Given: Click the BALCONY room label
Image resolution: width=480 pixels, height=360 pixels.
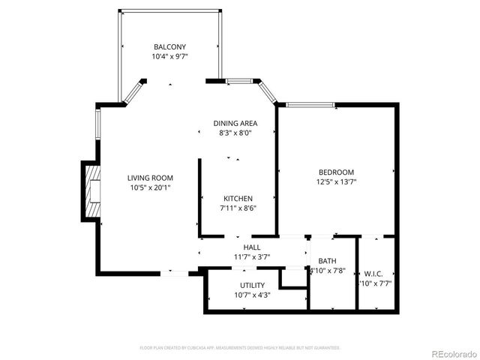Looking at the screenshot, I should click(x=169, y=46).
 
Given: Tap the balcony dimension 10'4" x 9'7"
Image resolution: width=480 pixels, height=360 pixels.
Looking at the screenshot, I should click(x=169, y=56).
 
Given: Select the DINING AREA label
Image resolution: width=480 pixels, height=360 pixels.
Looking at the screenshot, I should click(x=235, y=123).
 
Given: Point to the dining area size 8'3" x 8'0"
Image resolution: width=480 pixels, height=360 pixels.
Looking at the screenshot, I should click(x=235, y=133).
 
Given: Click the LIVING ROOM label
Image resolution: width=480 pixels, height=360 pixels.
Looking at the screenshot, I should click(x=150, y=178).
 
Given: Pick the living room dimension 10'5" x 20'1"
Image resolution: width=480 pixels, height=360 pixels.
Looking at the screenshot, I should click(x=150, y=187).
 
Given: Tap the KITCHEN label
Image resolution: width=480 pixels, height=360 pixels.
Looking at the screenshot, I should click(x=238, y=198).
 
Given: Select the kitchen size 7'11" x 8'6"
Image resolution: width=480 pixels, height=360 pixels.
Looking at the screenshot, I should click(x=238, y=208).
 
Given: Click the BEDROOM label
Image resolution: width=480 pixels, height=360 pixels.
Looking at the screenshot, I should click(x=336, y=172).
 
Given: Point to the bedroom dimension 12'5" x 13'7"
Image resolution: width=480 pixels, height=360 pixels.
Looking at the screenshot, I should click(x=336, y=181).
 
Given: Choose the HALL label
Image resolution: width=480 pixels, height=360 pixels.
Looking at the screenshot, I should click(x=252, y=247).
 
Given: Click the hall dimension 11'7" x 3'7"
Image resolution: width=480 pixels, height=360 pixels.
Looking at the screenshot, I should click(x=252, y=256).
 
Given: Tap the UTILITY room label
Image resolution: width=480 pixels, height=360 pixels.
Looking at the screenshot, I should click(x=252, y=285).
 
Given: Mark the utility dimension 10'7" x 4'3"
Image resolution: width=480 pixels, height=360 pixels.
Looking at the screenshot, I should click(x=252, y=295).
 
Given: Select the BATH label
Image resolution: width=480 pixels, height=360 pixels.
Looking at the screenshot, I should click(x=327, y=261).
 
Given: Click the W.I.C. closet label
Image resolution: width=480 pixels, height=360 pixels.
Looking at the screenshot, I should click(x=373, y=273).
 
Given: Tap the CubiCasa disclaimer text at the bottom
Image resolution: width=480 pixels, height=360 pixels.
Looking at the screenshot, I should click(x=240, y=348).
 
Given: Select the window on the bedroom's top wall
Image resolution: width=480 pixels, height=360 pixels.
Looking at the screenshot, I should click(x=312, y=105).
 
